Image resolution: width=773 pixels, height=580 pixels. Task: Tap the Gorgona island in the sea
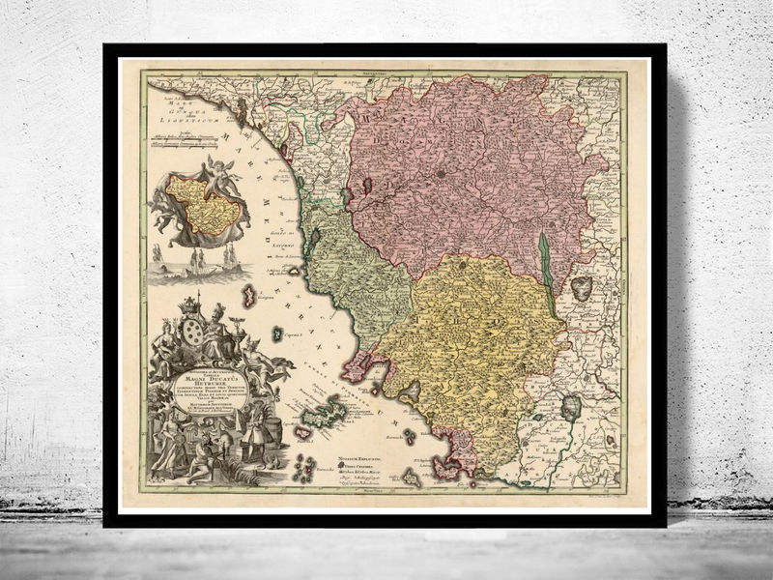tap(248, 296)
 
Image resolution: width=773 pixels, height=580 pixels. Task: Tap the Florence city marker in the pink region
tap(440, 175)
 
